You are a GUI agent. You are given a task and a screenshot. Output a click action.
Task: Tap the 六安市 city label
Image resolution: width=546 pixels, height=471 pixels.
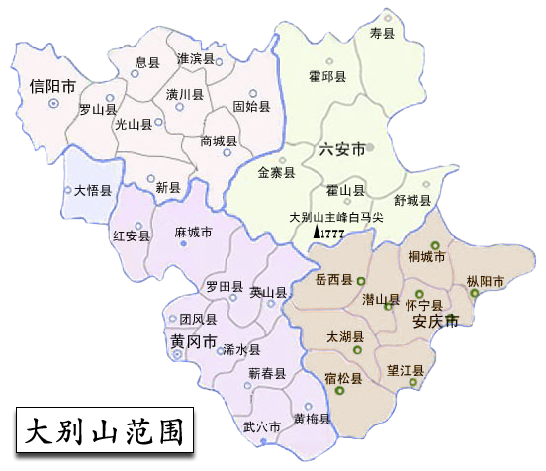[341, 149]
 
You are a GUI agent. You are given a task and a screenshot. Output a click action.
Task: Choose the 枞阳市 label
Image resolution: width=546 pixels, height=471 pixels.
[485, 282]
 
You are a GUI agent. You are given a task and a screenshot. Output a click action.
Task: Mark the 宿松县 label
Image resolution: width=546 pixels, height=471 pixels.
[343, 378]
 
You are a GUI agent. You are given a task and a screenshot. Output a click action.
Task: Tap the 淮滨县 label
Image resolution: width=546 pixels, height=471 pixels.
[195, 59]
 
